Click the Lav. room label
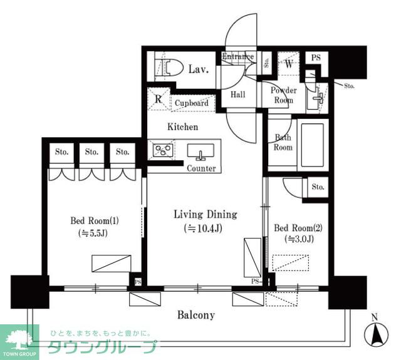pos(198,68)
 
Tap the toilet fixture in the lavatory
pos(170,68)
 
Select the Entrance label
pos(237,57)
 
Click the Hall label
pos(237,95)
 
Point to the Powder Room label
pos(283,95)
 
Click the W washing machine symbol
pos(289,63)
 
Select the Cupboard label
pos(191,103)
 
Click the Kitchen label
pos(182,126)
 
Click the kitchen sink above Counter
pos(200,152)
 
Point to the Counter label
pos(201,168)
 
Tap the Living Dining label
pos(205,215)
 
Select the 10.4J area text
pos(205,229)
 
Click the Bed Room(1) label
pos(94,221)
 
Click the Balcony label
pos(195,315)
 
